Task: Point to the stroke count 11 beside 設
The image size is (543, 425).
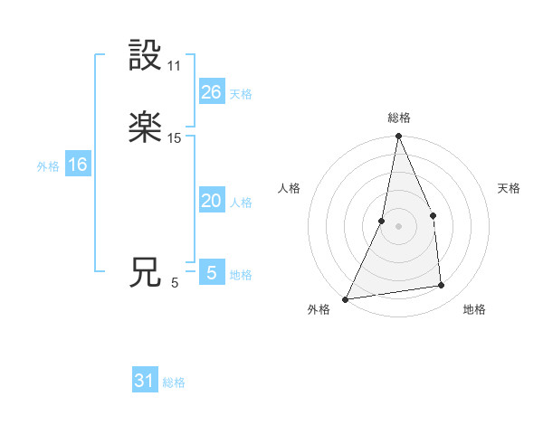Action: point(175,66)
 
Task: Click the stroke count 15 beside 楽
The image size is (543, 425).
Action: point(175,138)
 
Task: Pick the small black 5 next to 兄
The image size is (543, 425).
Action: point(175,283)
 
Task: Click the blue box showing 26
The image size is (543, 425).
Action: point(211,92)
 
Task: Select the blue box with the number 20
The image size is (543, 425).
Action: point(211,201)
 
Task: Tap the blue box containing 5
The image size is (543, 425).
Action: point(211,273)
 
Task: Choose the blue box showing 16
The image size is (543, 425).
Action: point(77,165)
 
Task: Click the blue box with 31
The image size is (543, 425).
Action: point(145,382)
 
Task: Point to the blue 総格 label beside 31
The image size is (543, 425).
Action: point(174,382)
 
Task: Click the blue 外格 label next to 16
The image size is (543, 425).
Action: point(48,165)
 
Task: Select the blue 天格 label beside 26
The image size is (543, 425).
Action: point(241,93)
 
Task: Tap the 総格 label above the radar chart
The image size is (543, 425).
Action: point(399,118)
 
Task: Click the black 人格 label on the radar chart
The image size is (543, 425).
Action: point(290,188)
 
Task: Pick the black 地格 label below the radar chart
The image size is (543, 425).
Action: point(474,309)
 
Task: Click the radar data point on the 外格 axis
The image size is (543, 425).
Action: point(346,298)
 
